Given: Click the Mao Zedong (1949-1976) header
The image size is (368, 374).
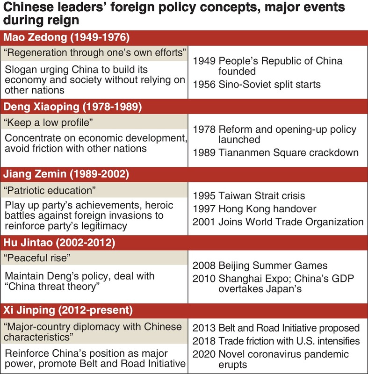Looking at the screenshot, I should (x=66, y=38).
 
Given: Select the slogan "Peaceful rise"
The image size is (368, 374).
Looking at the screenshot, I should (x=37, y=259).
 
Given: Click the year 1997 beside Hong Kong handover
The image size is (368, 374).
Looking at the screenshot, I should (x=203, y=209).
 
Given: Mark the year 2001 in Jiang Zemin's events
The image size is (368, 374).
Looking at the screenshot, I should (x=203, y=222).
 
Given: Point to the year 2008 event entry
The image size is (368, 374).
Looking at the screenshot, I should (x=203, y=266).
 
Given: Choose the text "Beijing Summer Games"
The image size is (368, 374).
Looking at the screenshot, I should (x=273, y=266).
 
